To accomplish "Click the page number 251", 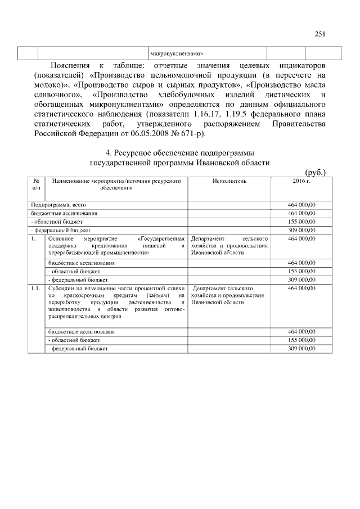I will tap(320, 34).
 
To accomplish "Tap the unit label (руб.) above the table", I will tap(316, 172).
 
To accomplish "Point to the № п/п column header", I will tap(37, 185).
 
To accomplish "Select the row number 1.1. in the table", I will tap(36, 289).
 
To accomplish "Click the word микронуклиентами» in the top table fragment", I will tap(176, 54).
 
